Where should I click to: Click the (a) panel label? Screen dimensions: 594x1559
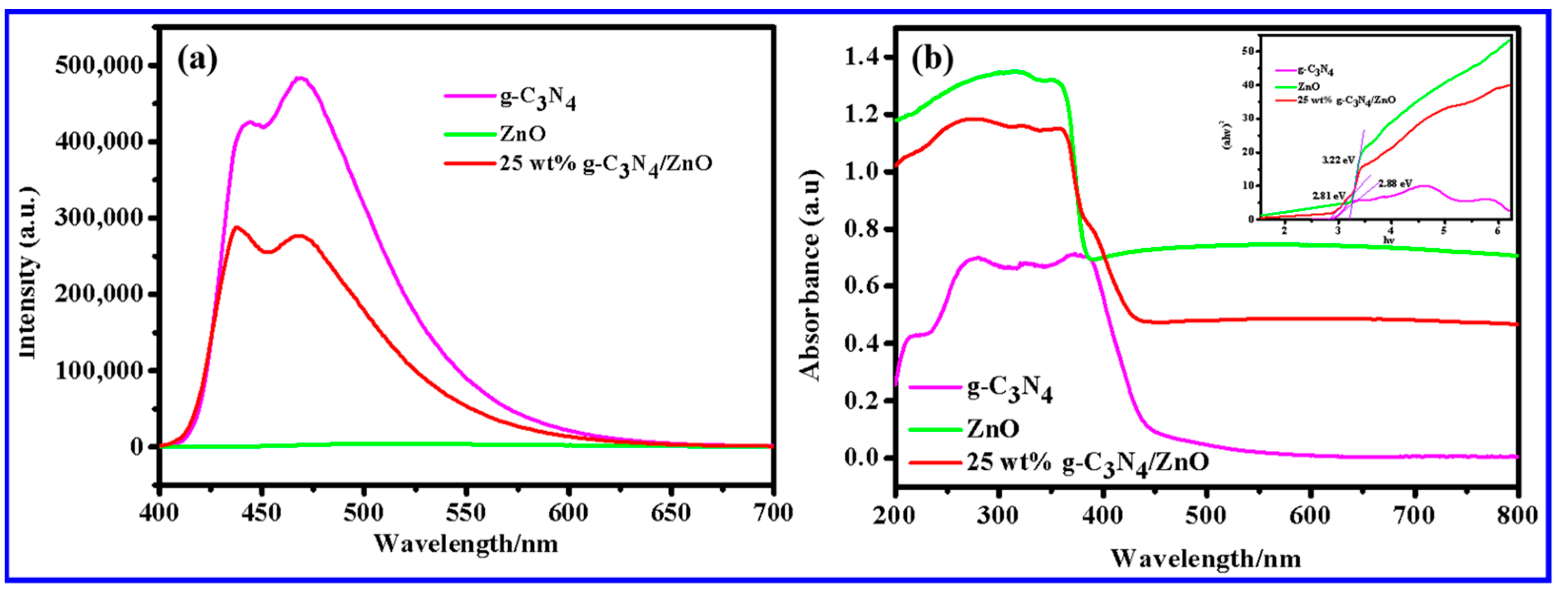tap(196, 60)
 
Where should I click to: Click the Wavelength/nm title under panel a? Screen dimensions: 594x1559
tap(465, 543)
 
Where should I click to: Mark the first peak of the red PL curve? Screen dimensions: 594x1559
tap(236, 228)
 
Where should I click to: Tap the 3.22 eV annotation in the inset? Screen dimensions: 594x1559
tap(1337, 160)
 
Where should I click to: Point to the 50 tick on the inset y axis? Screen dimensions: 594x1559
tap(1247, 51)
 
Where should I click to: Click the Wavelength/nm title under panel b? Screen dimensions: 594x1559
tap(1206, 558)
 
